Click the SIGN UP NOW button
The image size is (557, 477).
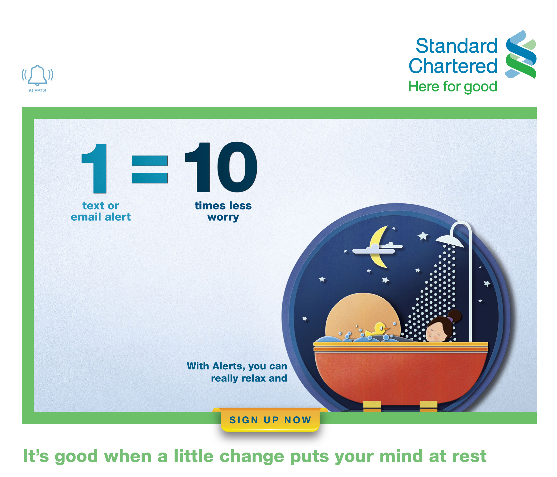pos(270,420)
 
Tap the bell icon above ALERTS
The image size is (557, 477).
pos(37,75)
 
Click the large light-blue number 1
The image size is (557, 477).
pos(94,169)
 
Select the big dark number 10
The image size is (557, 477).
pos(221,167)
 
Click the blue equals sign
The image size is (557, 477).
pos(150,169)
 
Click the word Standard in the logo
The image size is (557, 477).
pos(457,46)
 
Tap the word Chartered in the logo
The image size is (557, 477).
pos(453,66)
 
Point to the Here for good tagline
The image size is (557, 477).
pos(453,87)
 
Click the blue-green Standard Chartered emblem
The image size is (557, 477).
pos(521,54)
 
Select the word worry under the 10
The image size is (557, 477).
pos(223,217)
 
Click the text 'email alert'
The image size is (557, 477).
pos(101,217)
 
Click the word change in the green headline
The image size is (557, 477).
pos(252,456)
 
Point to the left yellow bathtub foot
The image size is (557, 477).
pos(372,406)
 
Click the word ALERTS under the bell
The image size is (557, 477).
pos(37,91)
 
